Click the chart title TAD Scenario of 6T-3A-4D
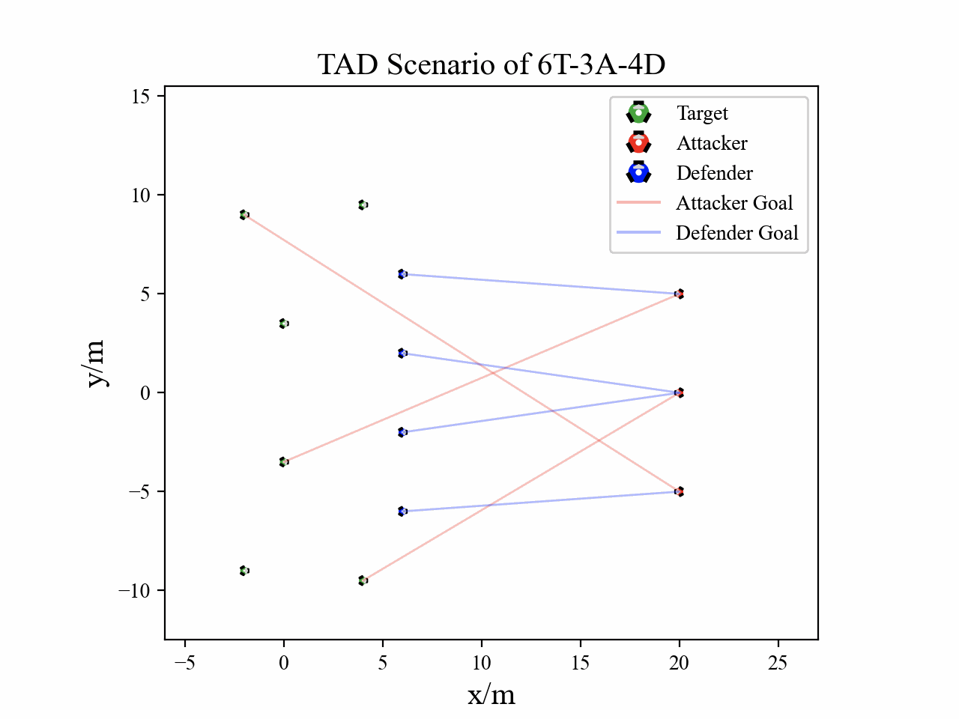[x=491, y=64]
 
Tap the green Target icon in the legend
[x=638, y=113]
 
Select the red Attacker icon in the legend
[x=638, y=143]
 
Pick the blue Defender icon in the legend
[x=638, y=173]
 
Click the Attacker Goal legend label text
[x=734, y=203]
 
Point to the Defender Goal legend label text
[x=737, y=233]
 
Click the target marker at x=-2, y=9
[x=244, y=215]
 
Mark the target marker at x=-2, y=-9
[x=244, y=571]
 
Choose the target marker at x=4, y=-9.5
[x=363, y=580]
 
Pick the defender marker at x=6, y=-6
[x=402, y=512]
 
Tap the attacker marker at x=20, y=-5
[x=679, y=491]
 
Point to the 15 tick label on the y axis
[x=142, y=97]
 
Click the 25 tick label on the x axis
[x=778, y=663]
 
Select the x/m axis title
[x=491, y=695]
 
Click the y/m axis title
[x=96, y=363]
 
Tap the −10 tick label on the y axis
[x=134, y=591]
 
